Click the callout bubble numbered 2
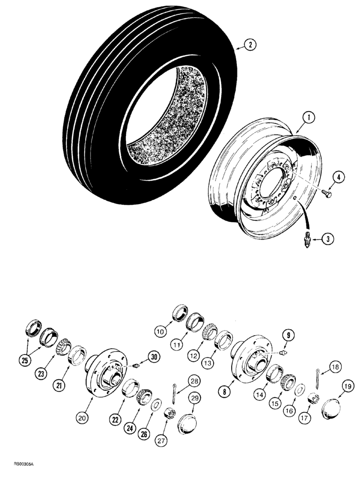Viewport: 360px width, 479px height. tap(250, 46)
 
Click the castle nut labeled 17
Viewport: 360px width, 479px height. tap(314, 397)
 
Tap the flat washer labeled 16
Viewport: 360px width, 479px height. tap(299, 389)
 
